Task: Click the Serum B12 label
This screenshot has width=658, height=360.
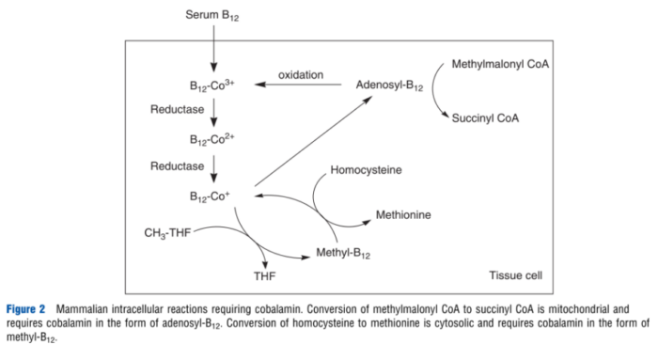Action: (213, 17)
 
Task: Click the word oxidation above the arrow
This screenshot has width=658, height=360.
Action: (300, 73)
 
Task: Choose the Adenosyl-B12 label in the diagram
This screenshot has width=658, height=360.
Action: (391, 85)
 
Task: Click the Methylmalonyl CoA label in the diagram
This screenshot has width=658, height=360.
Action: (501, 66)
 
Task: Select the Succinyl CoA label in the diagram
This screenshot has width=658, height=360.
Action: (486, 119)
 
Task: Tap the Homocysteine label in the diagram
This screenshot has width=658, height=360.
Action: (367, 171)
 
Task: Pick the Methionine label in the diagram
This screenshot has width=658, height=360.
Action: (403, 215)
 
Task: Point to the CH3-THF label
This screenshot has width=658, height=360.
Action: (168, 231)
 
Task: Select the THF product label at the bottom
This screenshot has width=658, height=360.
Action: (266, 277)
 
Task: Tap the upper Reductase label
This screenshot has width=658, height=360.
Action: (178, 110)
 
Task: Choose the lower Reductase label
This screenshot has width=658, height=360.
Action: (178, 165)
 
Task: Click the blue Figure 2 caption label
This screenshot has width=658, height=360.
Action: (27, 309)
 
